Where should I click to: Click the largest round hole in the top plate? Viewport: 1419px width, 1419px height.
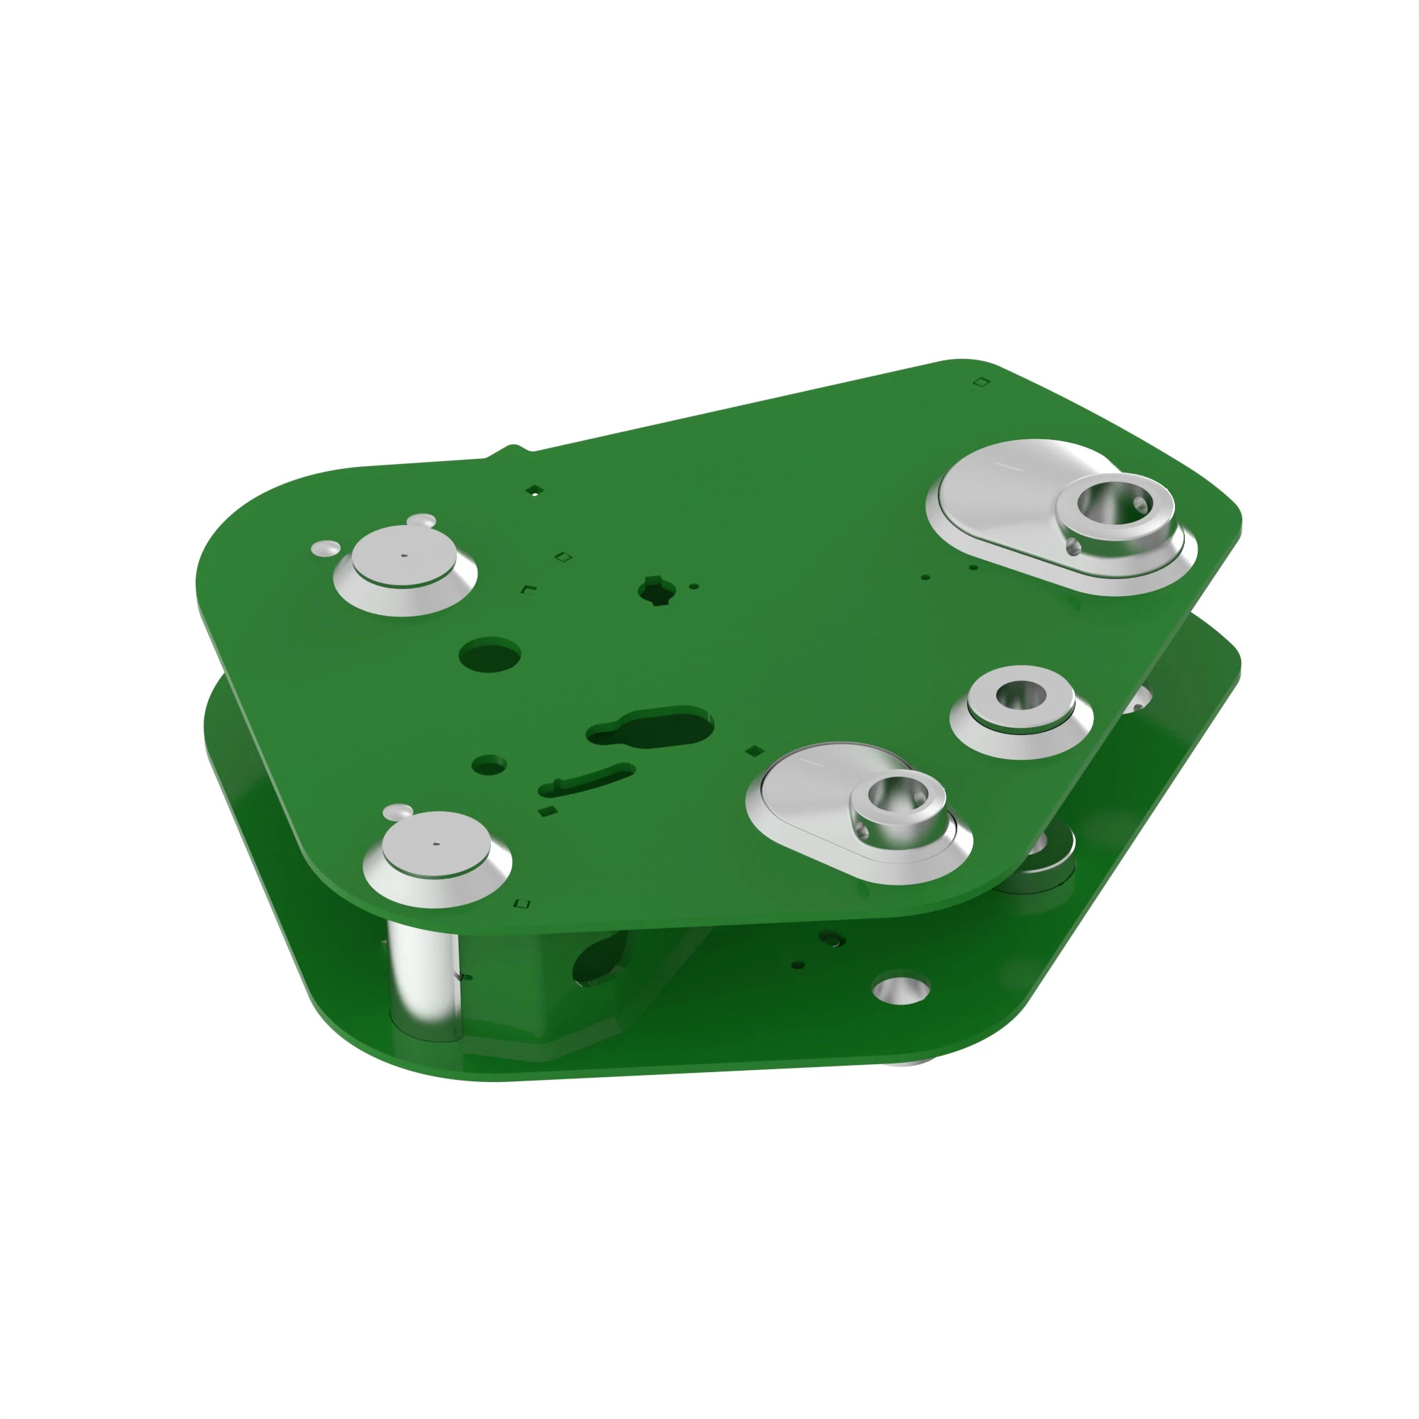490,653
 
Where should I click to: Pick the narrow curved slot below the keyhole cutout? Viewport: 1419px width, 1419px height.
587,780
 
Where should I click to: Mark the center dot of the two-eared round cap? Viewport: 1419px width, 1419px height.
404,556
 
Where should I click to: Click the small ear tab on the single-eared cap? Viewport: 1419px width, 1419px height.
397,812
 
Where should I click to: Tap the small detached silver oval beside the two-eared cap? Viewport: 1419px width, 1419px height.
326,548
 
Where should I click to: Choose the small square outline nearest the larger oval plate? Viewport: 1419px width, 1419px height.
981,382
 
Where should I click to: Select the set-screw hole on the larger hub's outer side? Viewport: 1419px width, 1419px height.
1073,546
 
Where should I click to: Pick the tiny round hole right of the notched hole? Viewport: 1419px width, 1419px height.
694,586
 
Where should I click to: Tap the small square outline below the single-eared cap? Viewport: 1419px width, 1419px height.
522,903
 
